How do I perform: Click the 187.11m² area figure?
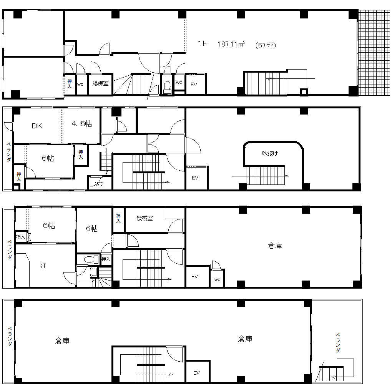231,44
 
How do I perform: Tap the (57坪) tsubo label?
266,45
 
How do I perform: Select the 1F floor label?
202,43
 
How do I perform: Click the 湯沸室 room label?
101,83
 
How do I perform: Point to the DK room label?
37,126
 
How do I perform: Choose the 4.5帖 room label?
82,123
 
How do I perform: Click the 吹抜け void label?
270,153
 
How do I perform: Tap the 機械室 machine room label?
145,218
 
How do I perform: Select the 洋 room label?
43,265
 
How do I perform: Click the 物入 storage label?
20,237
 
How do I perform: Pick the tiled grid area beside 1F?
374,53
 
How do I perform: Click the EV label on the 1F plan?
194,85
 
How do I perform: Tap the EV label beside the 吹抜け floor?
195,178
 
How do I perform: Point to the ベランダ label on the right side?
338,342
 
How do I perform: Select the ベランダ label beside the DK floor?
8,152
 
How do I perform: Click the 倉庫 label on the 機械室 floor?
275,246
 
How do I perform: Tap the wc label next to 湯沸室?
80,85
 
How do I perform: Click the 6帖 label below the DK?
48,158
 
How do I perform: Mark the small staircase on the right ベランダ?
331,374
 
